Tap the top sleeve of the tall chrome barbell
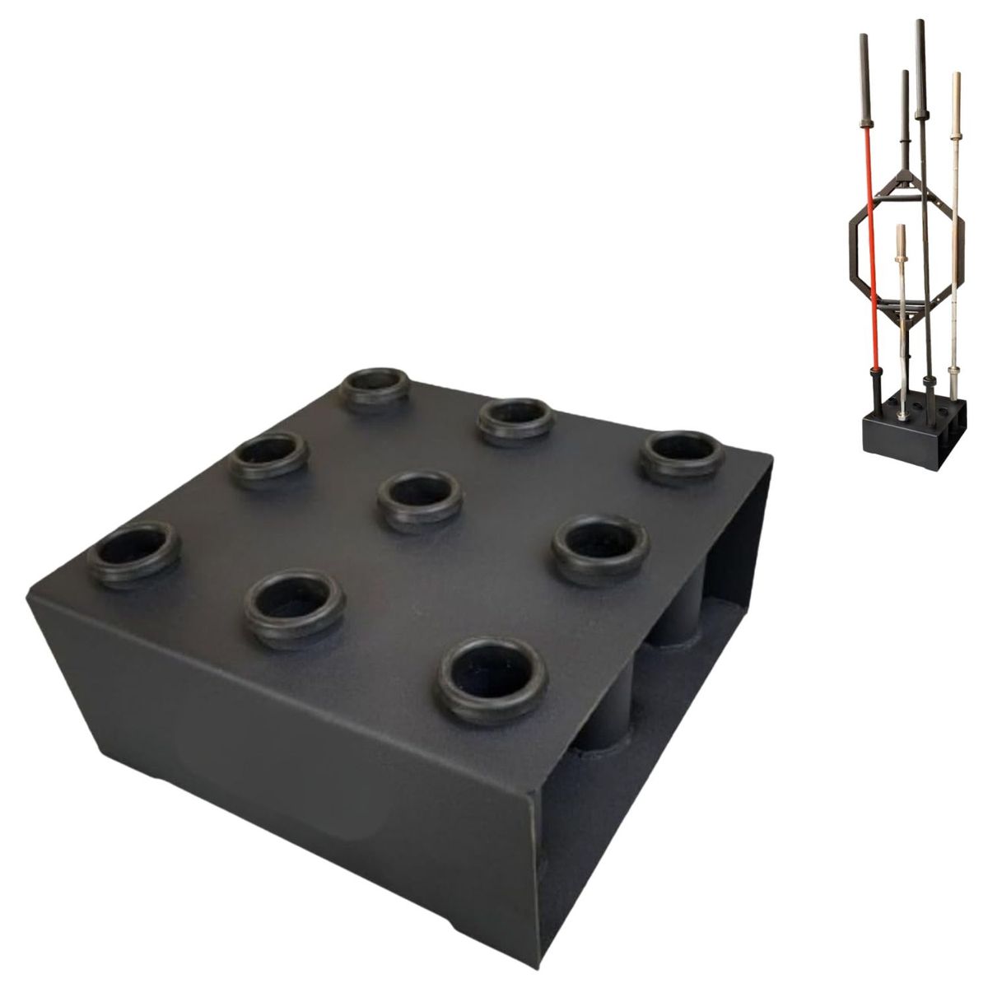(x=956, y=103)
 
